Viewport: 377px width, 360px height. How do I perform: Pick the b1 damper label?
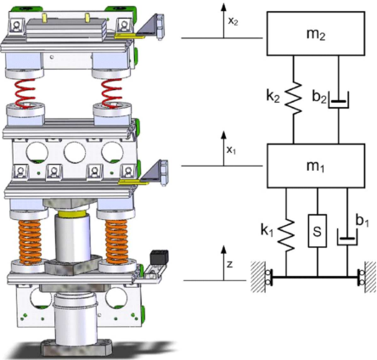[362, 222]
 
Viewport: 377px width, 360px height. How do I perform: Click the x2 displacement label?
[232, 21]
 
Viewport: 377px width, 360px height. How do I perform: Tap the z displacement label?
[230, 264]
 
